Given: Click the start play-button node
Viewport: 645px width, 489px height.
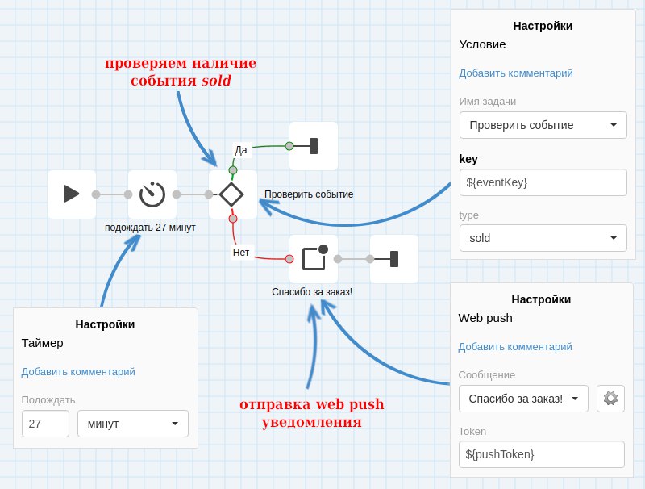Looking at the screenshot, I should pos(72,194).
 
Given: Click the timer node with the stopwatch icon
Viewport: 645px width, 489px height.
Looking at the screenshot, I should pos(152,194).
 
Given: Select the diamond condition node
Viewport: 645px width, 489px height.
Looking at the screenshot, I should pos(232,194).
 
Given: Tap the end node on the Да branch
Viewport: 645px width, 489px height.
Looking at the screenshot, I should pos(313,146).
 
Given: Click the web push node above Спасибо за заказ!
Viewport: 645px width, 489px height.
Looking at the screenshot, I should pos(314,258).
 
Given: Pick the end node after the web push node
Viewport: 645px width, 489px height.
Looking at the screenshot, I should pos(393,259).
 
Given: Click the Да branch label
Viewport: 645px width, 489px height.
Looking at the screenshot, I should pos(241,149).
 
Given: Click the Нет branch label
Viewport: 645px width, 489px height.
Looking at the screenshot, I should pos(241,252).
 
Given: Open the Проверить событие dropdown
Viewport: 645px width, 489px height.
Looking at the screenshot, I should pos(543,125).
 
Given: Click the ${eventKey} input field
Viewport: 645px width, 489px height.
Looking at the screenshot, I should pos(543,182).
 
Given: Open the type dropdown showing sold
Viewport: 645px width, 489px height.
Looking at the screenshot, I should pos(543,238).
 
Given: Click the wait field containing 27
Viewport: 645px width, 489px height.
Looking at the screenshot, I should pos(45,424).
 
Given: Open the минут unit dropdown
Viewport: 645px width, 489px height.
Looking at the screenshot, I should pos(132,424).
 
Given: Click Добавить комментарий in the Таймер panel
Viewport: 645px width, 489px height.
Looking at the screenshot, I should pos(78,372).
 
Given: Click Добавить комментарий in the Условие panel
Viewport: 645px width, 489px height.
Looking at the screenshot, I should pos(516,73).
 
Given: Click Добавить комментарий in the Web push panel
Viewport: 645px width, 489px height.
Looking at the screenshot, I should pos(515,347).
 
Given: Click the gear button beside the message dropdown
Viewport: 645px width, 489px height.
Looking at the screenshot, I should pos(610,398).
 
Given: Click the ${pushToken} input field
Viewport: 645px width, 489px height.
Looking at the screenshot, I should pos(541,454).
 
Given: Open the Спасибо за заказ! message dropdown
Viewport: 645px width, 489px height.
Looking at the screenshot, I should pos(523,399).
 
